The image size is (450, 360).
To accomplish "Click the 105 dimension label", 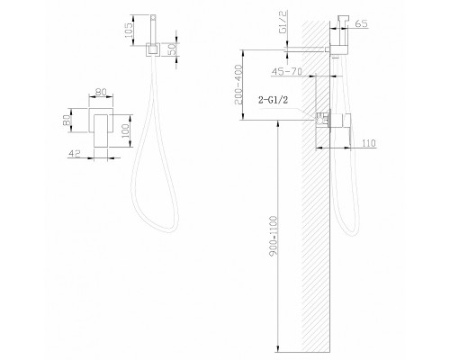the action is pyautogui.click(x=129, y=30).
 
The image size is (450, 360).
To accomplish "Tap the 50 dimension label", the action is pyautogui.click(x=172, y=49).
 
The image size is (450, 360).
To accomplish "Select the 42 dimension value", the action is pyautogui.click(x=75, y=153).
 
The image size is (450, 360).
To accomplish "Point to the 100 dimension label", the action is pyautogui.click(x=126, y=130).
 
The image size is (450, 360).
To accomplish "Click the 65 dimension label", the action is pyautogui.click(x=361, y=23).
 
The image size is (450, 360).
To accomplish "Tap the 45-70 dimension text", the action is pyautogui.click(x=286, y=71).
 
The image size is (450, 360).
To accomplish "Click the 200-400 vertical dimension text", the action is pyautogui.click(x=238, y=85).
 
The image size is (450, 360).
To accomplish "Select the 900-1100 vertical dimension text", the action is pyautogui.click(x=274, y=236).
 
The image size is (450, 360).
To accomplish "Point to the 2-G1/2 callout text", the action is pyautogui.click(x=273, y=100).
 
